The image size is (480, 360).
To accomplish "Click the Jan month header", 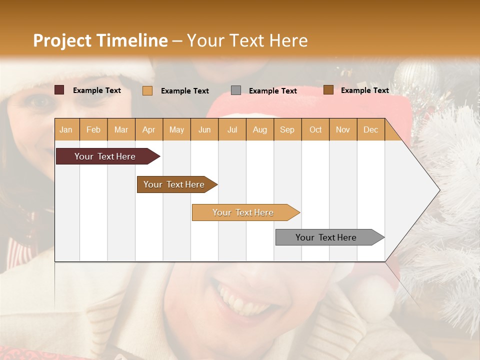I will (66, 129).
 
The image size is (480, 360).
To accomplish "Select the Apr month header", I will (148, 129).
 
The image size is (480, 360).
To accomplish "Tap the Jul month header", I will (232, 129).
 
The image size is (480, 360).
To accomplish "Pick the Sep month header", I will (287, 129).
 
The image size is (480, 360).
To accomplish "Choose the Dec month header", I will (370, 129).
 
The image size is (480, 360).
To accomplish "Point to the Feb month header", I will (93, 129).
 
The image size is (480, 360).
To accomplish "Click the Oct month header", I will (315, 129).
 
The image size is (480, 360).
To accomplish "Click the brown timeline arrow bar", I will (175, 184).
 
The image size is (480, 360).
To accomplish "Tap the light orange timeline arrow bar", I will (244, 212).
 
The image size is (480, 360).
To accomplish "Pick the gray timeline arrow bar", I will (327, 237).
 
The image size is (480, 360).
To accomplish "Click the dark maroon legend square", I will (59, 90).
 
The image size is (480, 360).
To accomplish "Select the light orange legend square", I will (147, 90).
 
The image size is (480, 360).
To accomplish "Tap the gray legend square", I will (236, 90).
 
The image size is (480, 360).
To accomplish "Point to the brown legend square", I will (328, 90).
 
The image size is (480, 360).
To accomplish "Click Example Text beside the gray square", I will (272, 90).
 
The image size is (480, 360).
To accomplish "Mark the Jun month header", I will (204, 129).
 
